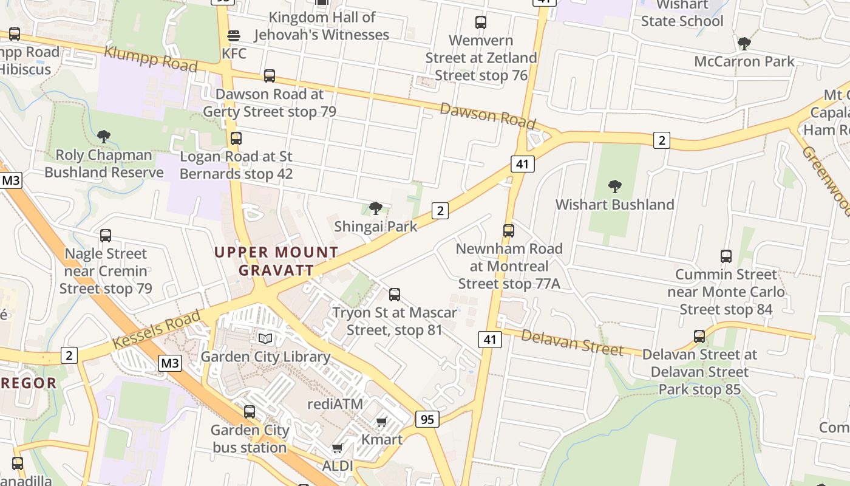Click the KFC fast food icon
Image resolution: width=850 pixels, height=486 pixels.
[x=234, y=35]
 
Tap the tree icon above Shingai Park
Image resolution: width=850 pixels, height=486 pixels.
[x=376, y=209]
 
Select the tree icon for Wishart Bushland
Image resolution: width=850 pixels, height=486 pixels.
[x=614, y=187]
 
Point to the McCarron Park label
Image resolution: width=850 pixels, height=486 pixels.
[x=744, y=61]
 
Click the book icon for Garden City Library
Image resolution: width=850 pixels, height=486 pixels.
[x=265, y=338]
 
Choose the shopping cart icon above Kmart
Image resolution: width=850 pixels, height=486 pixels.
[x=382, y=422]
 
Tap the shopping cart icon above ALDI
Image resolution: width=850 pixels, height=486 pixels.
[x=338, y=448]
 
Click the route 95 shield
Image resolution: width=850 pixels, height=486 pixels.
[x=427, y=419]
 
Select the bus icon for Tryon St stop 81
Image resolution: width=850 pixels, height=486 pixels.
[x=395, y=295]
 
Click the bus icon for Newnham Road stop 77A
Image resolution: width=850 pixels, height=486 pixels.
[x=509, y=231]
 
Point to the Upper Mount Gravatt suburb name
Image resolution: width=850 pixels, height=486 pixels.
[x=276, y=261]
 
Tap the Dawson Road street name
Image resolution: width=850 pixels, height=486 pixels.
[x=488, y=115]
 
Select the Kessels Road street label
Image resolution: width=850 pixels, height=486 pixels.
[x=156, y=331]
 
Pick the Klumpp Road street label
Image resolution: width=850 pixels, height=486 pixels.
[x=151, y=58]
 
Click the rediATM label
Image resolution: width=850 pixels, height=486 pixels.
[x=335, y=404]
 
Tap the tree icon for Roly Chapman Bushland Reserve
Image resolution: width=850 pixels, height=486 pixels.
[x=104, y=137]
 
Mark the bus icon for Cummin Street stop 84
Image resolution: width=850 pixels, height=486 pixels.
[x=726, y=256]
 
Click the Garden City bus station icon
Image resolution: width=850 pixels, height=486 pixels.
[x=250, y=412]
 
